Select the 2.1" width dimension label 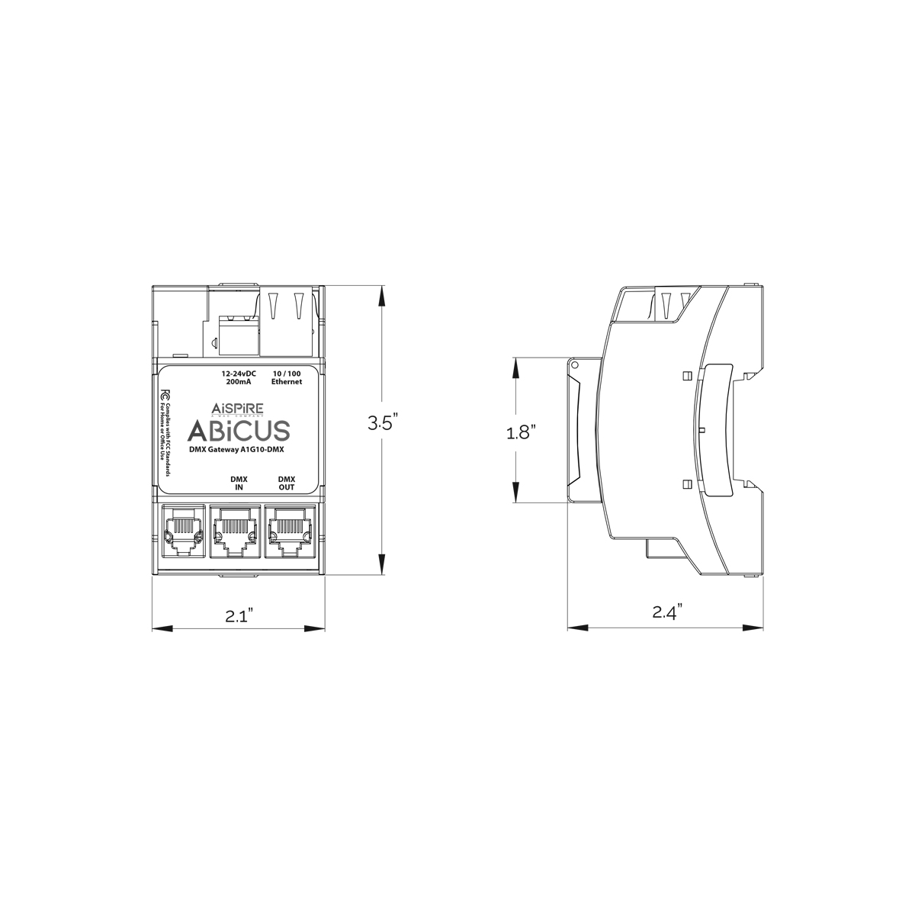[x=239, y=615]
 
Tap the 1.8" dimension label [x=522, y=433]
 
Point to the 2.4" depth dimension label [x=666, y=612]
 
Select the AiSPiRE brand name [x=238, y=406]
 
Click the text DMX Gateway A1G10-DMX [x=236, y=451]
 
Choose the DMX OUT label [x=287, y=483]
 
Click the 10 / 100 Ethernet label [x=287, y=377]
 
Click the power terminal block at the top [x=236, y=332]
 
